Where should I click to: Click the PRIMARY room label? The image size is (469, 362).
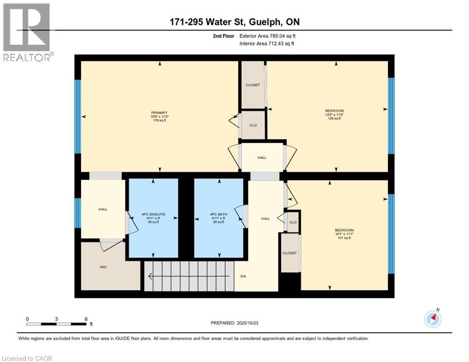[x=159, y=116]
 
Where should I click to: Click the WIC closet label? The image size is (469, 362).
[x=103, y=267]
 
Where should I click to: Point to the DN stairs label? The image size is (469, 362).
[x=243, y=276]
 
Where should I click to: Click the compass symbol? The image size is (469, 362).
[x=433, y=319]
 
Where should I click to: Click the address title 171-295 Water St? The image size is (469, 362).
[x=234, y=22]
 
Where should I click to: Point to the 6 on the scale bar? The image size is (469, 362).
[x=85, y=319]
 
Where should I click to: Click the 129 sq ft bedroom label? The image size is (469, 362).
[x=334, y=115]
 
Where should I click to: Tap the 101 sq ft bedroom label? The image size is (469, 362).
[x=343, y=234]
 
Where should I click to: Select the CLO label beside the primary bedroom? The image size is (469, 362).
[x=253, y=126]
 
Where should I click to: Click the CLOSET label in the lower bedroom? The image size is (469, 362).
[x=290, y=253]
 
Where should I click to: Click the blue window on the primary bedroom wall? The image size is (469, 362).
[x=78, y=116]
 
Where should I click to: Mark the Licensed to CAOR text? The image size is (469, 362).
[x=27, y=358]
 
